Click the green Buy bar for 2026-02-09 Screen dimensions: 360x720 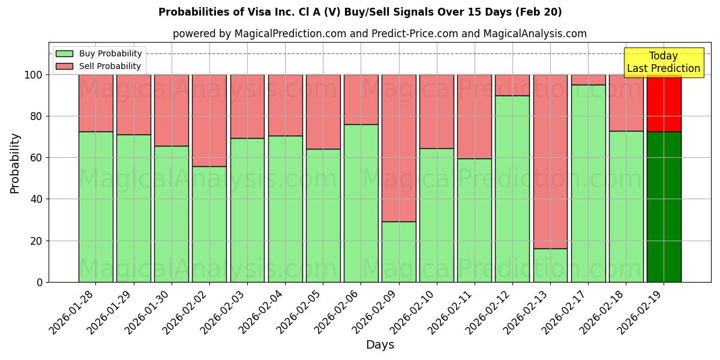pos(398,251)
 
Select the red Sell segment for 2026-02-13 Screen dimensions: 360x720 pos(550,161)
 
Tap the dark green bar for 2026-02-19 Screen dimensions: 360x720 pos(664,206)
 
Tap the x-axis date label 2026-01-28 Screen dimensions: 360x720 pos(72,312)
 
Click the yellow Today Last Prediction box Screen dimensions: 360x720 pos(664,62)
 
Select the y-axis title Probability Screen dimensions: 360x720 pos(15,163)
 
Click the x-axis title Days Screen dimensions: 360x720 pos(380,345)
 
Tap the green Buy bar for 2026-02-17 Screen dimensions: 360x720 pos(588,183)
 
